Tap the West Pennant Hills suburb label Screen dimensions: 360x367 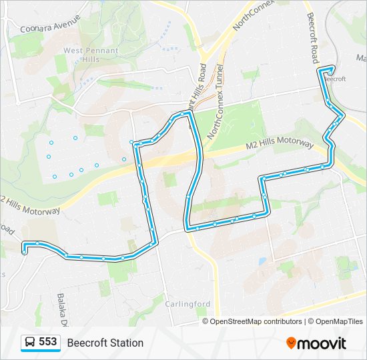tap(91, 55)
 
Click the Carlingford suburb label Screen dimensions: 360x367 tap(188, 304)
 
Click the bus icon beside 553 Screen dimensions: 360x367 tap(30, 343)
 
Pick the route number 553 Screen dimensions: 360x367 tap(48, 342)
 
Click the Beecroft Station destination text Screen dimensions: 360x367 tap(105, 343)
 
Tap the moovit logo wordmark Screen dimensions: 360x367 tap(322, 343)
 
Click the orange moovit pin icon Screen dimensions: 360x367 tap(291, 343)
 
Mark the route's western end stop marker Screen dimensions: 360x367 tap(24, 252)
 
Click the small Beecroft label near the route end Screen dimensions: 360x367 tap(335, 79)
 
